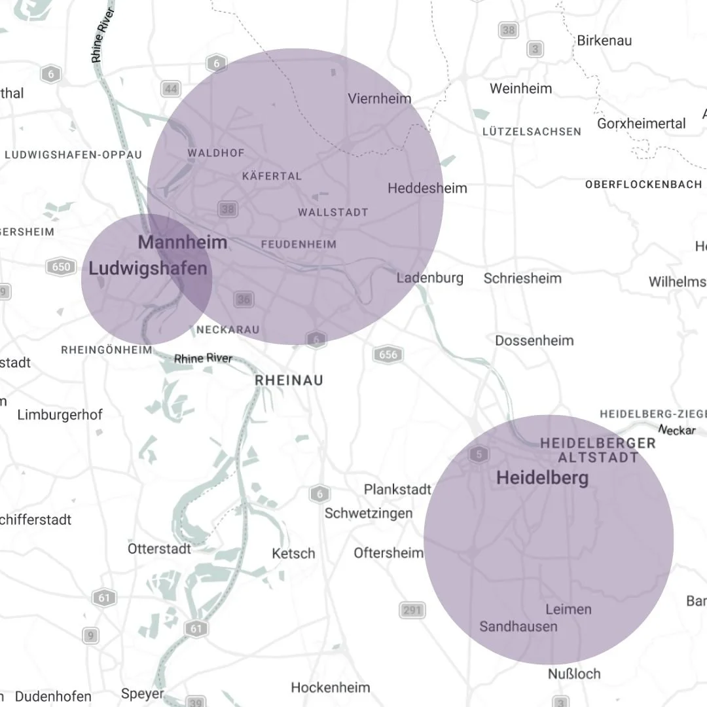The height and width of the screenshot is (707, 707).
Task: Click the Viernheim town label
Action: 380,99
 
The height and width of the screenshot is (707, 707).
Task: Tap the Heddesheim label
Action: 427,189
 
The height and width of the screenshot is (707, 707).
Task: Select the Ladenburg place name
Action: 430,278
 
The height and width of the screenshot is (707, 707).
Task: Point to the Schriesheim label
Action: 522,278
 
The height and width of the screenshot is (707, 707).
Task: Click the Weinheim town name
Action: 520,88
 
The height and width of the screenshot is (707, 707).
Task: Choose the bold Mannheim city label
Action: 183,242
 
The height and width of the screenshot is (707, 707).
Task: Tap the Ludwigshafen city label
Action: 148,268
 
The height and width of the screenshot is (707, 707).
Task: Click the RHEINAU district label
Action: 289,380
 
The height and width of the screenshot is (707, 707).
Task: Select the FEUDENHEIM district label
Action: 299,245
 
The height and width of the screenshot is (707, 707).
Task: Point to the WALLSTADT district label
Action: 333,213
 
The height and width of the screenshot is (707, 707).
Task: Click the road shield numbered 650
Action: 59,266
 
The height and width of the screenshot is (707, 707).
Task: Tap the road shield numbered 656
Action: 388,355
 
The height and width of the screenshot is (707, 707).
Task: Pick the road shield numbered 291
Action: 412,610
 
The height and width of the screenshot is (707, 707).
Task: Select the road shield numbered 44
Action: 172,89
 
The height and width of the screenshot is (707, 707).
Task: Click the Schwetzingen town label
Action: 369,513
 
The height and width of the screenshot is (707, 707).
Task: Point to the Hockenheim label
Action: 330,687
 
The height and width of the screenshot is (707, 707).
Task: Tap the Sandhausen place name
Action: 518,626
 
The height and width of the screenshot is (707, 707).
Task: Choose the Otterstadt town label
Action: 159,549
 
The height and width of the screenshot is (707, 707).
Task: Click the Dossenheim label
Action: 534,340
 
